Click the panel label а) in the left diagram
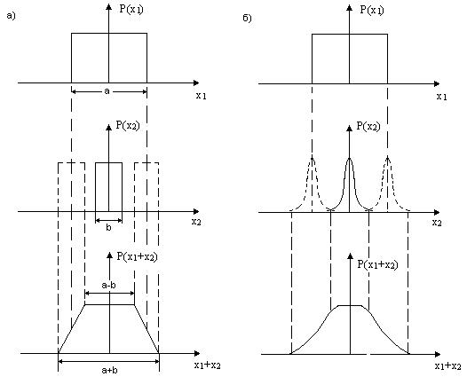click(11, 16)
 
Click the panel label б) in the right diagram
click(247, 18)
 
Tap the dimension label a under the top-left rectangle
click(107, 91)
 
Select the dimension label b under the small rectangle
click(108, 228)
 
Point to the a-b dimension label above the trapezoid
click(108, 286)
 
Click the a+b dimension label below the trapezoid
click(109, 370)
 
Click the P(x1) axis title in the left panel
click(131, 9)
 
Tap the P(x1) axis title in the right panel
click(372, 10)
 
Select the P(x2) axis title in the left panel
click(128, 126)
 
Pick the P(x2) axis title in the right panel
click(368, 127)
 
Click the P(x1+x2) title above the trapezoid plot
click(137, 256)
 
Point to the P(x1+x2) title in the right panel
click(377, 264)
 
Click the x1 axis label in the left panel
click(201, 96)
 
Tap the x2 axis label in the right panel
click(437, 223)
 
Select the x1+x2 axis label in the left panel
click(208, 365)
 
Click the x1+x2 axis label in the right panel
click(448, 365)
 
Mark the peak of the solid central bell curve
click(349, 158)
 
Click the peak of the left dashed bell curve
click(312, 157)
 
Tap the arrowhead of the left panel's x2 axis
click(196, 211)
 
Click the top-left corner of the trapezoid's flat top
click(85, 304)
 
